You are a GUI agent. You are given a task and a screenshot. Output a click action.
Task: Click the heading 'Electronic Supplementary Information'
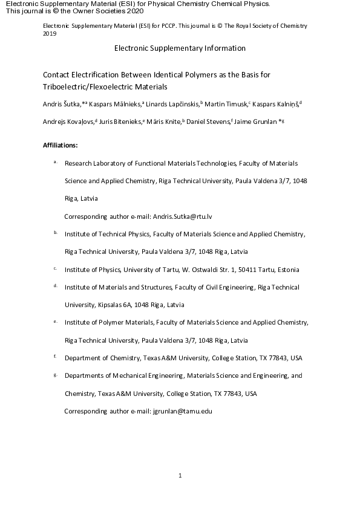tap(180, 48)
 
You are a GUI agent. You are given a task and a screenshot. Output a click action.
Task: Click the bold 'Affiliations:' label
tap(61, 146)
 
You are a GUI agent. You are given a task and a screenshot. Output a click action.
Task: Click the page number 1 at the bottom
tap(180, 476)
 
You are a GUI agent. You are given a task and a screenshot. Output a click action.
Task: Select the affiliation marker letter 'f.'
tap(55, 357)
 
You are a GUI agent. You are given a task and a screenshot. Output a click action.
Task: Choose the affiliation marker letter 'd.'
tap(55, 286)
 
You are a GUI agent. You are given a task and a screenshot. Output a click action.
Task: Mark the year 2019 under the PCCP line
tap(50, 34)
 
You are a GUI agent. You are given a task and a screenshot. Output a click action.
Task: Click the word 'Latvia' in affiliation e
tap(235, 340)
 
